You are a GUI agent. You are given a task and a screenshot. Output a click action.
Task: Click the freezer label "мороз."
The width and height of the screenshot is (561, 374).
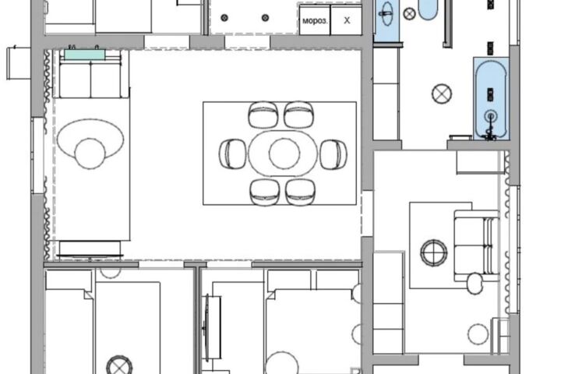point(315,21)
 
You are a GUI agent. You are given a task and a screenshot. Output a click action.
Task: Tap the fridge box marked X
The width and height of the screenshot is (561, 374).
point(346,20)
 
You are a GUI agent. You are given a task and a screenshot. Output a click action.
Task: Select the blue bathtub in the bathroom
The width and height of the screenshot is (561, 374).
point(491,99)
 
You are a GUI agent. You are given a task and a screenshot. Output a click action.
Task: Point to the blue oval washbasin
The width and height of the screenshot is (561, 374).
point(386,14)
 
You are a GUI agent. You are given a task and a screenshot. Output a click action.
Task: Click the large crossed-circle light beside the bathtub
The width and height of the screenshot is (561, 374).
point(442,94)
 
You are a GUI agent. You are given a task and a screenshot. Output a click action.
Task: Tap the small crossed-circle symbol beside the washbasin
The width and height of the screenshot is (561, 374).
point(409,14)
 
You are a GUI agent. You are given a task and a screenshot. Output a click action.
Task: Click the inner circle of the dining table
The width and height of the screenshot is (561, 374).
point(284,153)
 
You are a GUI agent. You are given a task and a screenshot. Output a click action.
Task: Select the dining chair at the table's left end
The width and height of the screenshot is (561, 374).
point(232,153)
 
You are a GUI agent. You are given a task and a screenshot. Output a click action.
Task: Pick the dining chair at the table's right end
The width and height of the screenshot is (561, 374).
point(333,154)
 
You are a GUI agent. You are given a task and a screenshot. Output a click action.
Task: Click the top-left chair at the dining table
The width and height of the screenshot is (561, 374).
point(263,115)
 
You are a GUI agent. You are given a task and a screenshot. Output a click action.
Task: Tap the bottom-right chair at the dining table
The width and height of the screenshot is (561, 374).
point(301,192)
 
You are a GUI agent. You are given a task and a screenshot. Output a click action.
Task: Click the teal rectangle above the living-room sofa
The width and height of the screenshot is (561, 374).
point(84,55)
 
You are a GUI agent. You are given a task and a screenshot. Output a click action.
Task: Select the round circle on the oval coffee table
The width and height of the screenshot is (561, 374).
point(90,154)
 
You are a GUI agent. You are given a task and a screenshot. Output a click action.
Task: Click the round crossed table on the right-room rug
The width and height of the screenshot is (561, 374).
point(434,253)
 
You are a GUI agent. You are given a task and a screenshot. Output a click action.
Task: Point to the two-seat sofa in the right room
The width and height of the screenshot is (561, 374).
point(477,245)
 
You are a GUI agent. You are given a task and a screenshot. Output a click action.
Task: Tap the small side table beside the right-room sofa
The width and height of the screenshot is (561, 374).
point(475,284)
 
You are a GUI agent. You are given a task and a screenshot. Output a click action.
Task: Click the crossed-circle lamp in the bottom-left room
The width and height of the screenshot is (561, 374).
point(119,365)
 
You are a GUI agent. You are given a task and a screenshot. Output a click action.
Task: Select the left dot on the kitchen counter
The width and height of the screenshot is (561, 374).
point(224,18)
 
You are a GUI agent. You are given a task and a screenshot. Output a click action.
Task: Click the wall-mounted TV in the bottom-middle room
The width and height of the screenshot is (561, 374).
point(206,326)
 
